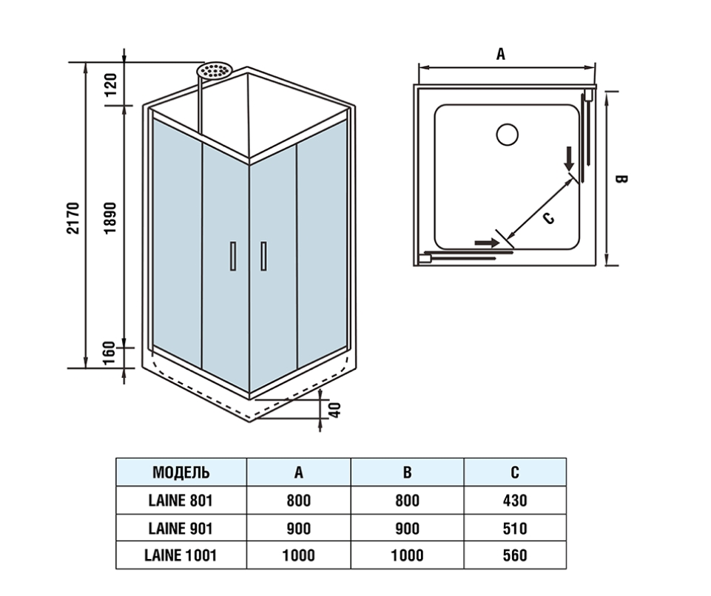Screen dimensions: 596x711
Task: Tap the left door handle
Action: (234, 257)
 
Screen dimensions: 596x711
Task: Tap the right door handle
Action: (263, 257)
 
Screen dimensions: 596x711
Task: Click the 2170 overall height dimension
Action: (73, 218)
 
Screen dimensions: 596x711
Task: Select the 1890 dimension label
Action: (111, 218)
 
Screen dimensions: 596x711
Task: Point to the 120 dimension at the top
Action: (111, 86)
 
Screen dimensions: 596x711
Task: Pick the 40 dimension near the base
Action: (334, 407)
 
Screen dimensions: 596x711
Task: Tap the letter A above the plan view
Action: (501, 54)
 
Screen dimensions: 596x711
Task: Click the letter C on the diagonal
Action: (547, 218)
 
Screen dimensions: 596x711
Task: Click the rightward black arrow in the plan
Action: (486, 242)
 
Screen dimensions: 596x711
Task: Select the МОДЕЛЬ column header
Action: (181, 473)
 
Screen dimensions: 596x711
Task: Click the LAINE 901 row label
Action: (181, 528)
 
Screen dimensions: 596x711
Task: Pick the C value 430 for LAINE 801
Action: (514, 501)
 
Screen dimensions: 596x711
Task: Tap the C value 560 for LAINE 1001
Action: (514, 555)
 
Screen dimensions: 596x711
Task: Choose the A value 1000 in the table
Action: (298, 555)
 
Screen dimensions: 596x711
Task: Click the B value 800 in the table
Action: (407, 501)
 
